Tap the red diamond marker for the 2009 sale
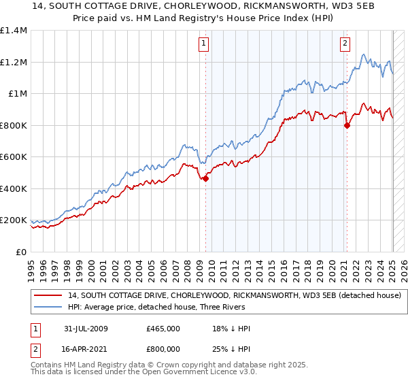coord(205,179)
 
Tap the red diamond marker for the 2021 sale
coord(347,125)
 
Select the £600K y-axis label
coord(14,157)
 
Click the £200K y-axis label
coord(14,220)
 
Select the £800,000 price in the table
coord(163,348)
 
